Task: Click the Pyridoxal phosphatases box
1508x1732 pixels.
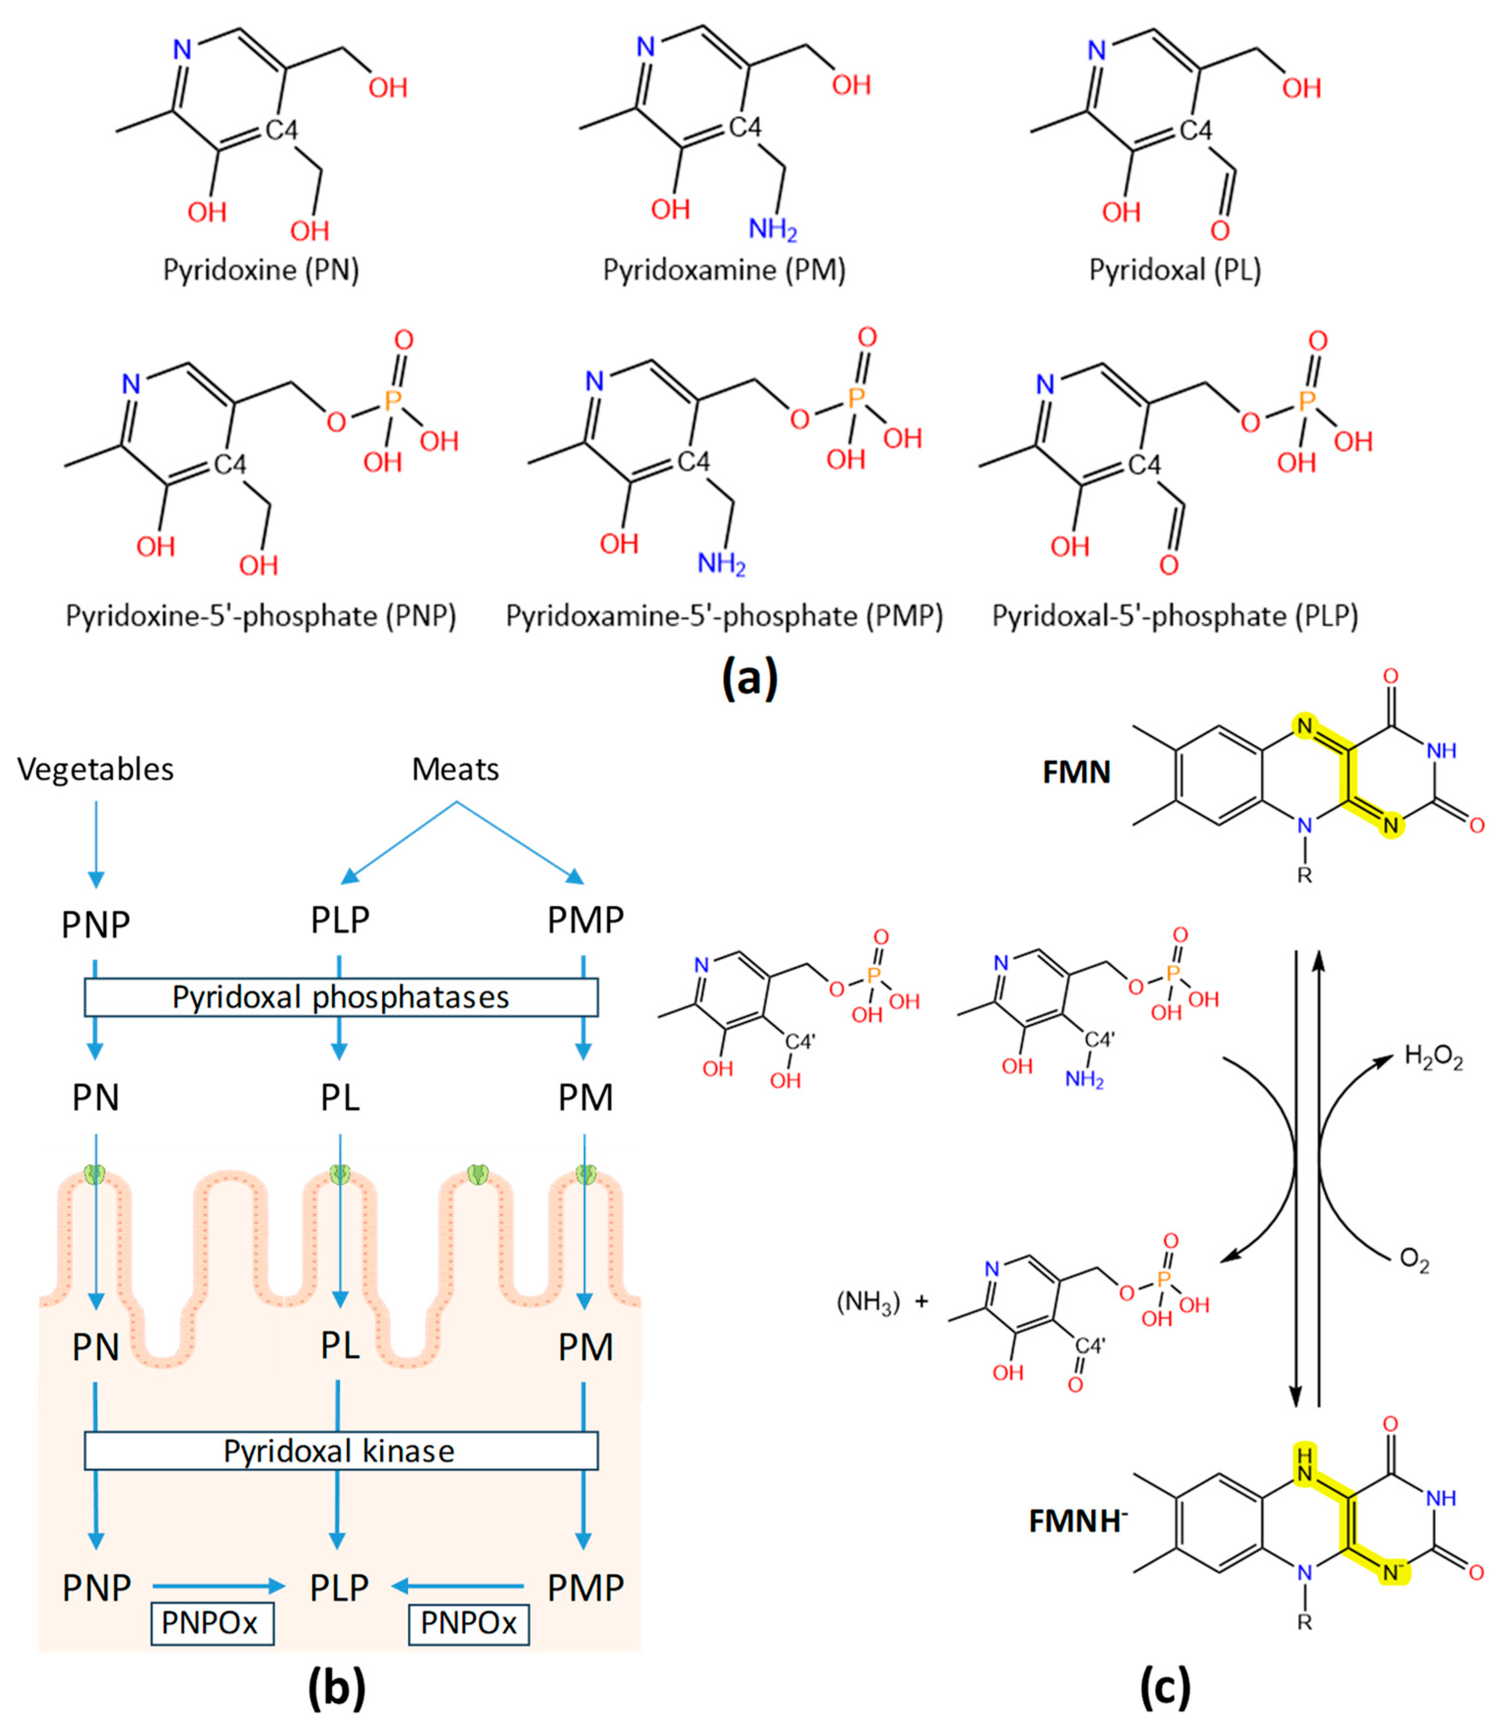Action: [341, 997]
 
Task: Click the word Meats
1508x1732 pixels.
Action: [456, 769]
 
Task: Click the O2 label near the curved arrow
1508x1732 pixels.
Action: [1414, 1261]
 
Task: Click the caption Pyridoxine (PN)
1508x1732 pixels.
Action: [261, 270]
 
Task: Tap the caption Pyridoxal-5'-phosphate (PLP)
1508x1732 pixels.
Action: [1175, 616]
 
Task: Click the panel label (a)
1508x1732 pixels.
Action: [750, 678]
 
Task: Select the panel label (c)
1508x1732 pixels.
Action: [1165, 1688]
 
